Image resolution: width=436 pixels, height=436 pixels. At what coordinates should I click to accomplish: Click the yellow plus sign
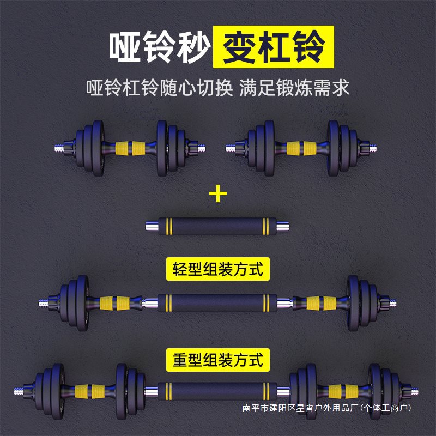click(x=218, y=193)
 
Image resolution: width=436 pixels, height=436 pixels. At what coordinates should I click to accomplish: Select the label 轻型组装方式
click(x=218, y=269)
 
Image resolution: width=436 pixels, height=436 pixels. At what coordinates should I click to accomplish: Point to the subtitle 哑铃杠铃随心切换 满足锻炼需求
click(x=218, y=88)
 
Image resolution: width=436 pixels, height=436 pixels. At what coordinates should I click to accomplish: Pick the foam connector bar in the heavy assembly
click(x=218, y=391)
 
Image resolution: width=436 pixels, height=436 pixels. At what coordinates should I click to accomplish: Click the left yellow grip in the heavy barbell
click(x=89, y=391)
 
